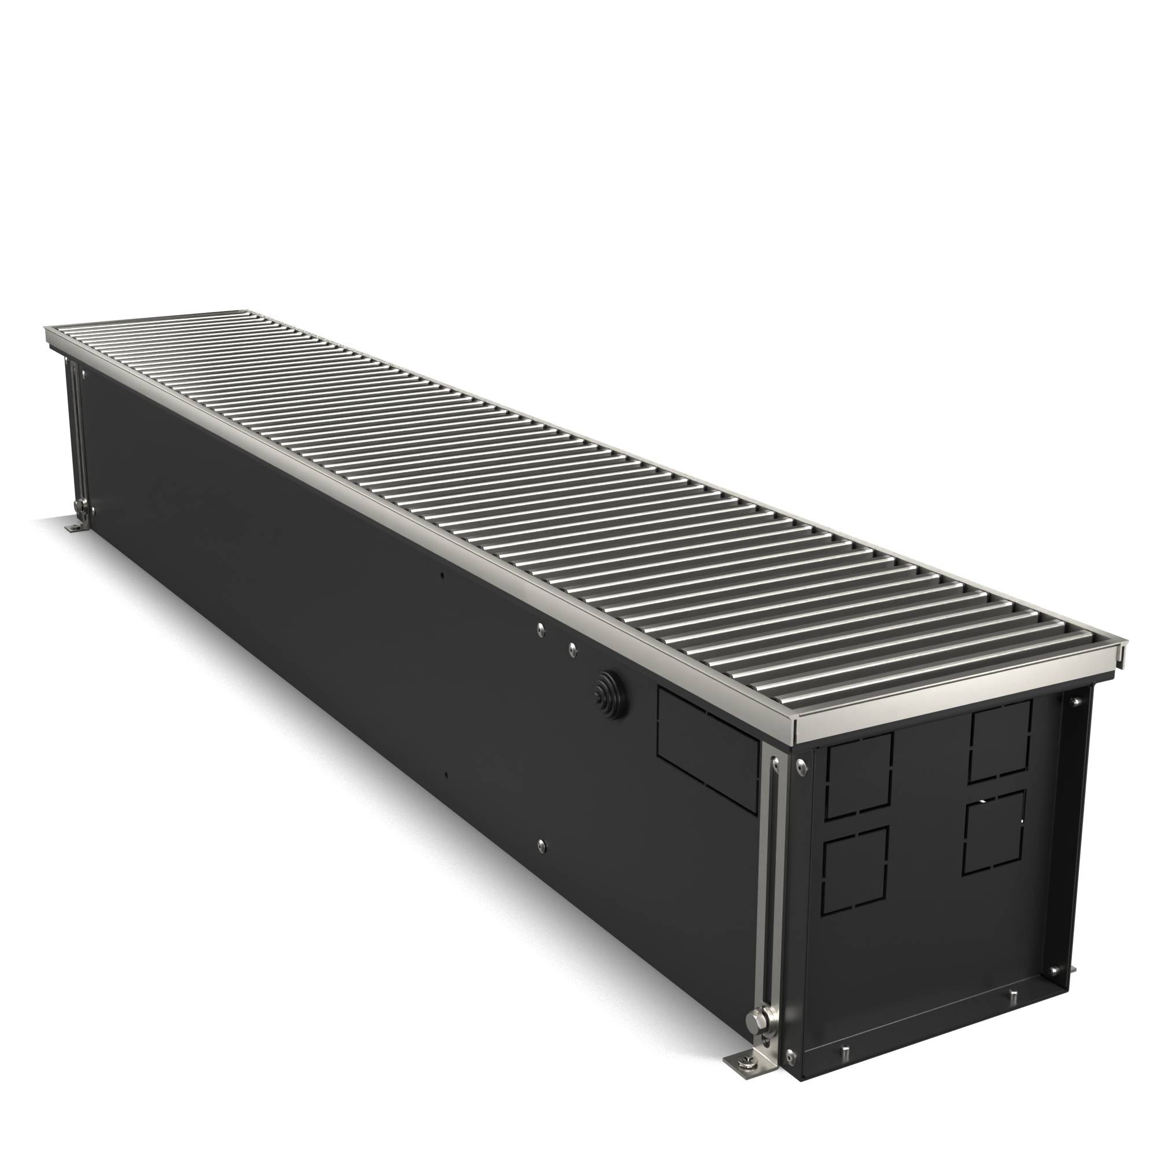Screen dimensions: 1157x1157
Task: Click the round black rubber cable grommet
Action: (606, 693)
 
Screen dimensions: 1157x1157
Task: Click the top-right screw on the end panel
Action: (1073, 702)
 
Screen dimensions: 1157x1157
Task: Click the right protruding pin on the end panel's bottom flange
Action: (1014, 997)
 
